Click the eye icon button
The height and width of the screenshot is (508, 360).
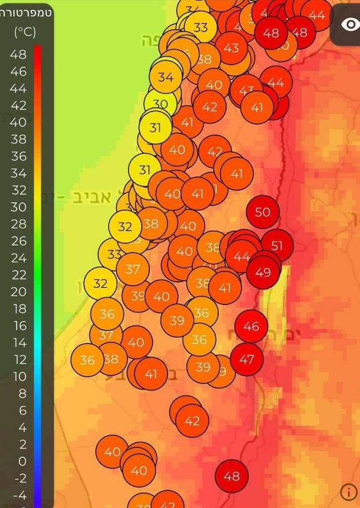click(350, 24)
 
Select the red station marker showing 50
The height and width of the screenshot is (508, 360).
click(262, 212)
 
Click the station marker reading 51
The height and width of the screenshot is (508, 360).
click(277, 245)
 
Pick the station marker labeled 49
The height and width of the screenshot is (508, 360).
click(263, 271)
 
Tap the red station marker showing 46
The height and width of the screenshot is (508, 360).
click(251, 327)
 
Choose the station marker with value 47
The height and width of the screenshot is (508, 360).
click(246, 360)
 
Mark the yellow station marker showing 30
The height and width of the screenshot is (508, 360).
click(160, 104)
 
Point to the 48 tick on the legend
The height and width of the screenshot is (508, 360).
click(18, 54)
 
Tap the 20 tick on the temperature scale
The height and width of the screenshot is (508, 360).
click(18, 292)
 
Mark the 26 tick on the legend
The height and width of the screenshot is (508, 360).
click(18, 241)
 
